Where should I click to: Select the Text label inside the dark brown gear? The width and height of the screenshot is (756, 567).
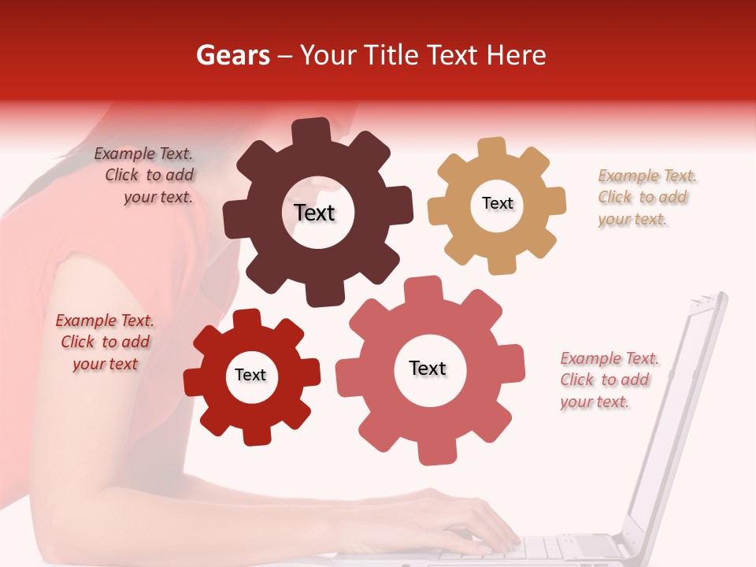point(314,213)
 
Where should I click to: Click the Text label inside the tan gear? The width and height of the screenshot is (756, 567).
point(497,203)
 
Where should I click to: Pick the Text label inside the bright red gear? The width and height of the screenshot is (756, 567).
point(250,376)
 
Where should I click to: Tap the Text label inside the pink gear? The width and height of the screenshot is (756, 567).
point(428,369)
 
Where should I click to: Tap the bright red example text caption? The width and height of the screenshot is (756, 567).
point(105,343)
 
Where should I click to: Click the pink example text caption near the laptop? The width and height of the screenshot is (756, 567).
point(607,380)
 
